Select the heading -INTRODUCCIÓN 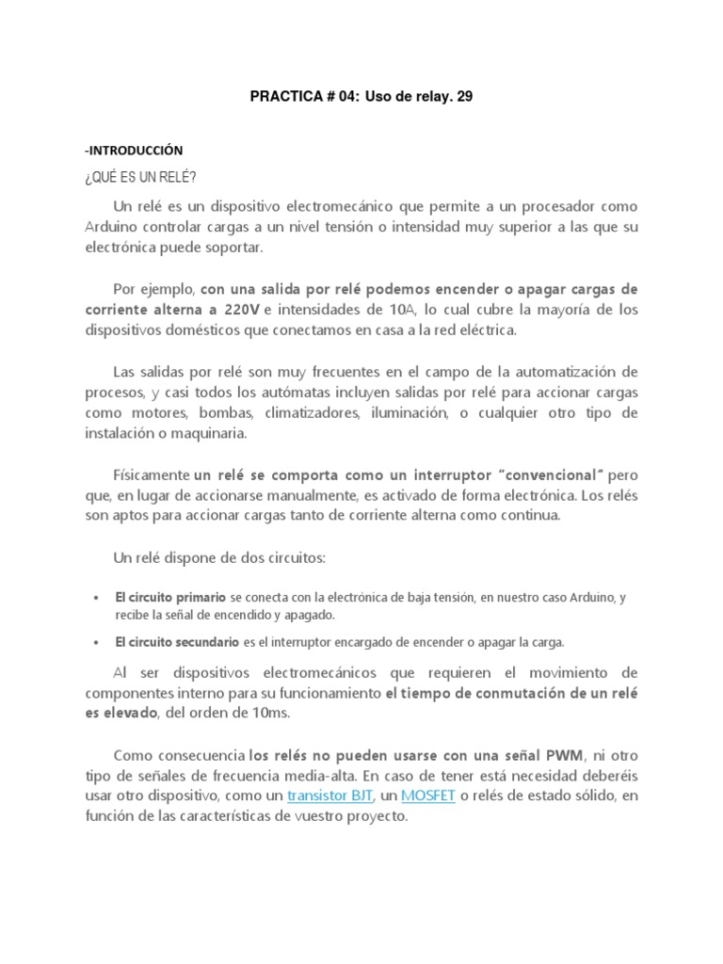134,150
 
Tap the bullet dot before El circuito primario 97,597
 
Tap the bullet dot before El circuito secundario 97,642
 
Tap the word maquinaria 213,433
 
